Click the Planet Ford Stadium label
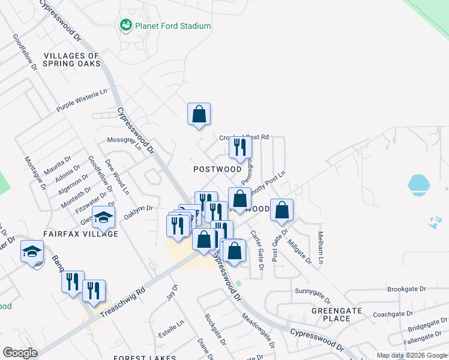point(173,26)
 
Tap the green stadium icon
point(126,25)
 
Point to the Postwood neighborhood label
point(217,169)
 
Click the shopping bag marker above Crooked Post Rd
point(199,114)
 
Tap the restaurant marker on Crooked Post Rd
point(240,148)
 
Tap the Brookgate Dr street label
point(406,289)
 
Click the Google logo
point(20,353)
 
